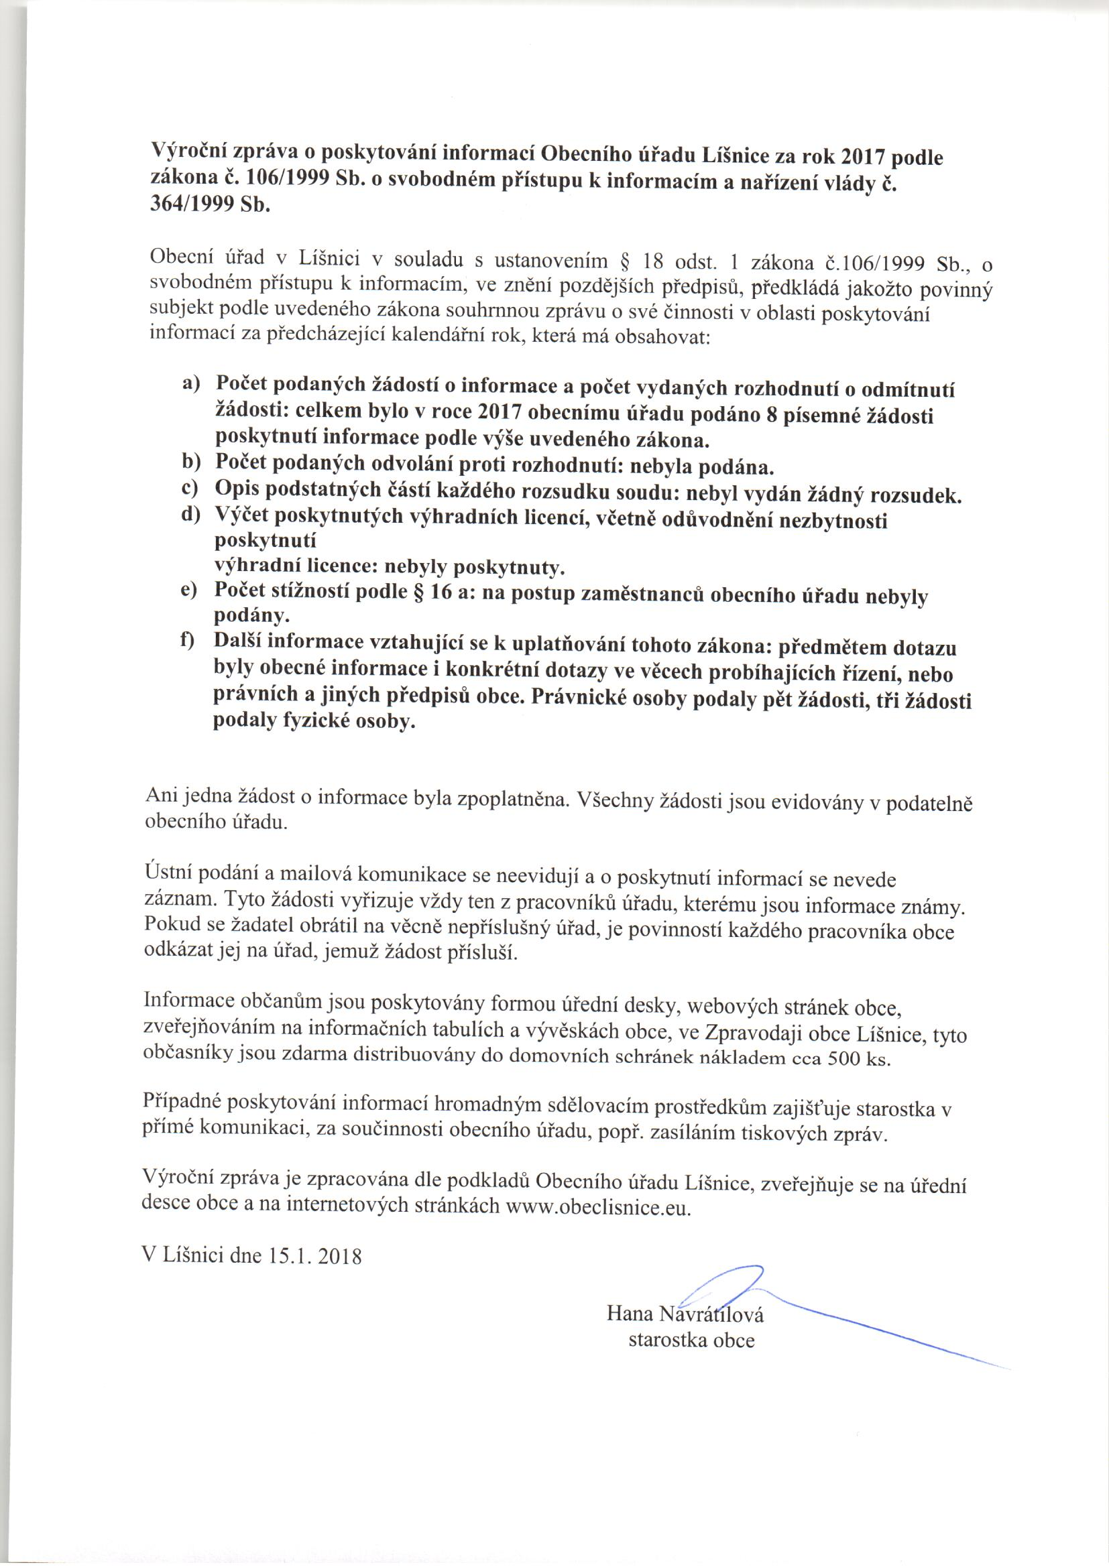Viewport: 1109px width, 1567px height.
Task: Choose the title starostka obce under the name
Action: pyautogui.click(x=691, y=1340)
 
